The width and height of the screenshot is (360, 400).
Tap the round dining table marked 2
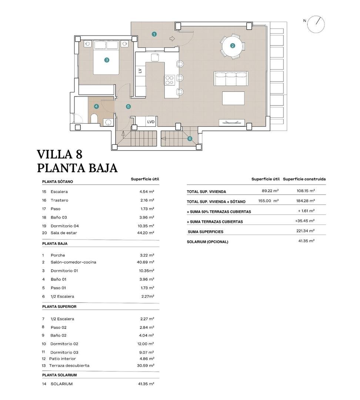(x=233, y=46)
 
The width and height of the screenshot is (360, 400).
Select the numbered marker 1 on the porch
(x=154, y=34)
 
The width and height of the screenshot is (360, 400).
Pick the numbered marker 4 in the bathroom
(x=96, y=106)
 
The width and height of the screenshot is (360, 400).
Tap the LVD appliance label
(x=151, y=121)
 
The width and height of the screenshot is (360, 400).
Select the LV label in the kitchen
(x=140, y=71)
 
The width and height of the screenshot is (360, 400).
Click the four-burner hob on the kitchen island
(x=170, y=80)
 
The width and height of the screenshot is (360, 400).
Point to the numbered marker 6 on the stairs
(x=190, y=139)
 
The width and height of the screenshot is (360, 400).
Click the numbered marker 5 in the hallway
(x=128, y=107)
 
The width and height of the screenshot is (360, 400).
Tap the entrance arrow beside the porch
(x=172, y=38)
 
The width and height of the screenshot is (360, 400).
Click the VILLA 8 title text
(x=60, y=154)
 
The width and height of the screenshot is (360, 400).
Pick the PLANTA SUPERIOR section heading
(x=59, y=307)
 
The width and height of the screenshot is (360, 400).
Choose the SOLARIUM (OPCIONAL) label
(x=208, y=242)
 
